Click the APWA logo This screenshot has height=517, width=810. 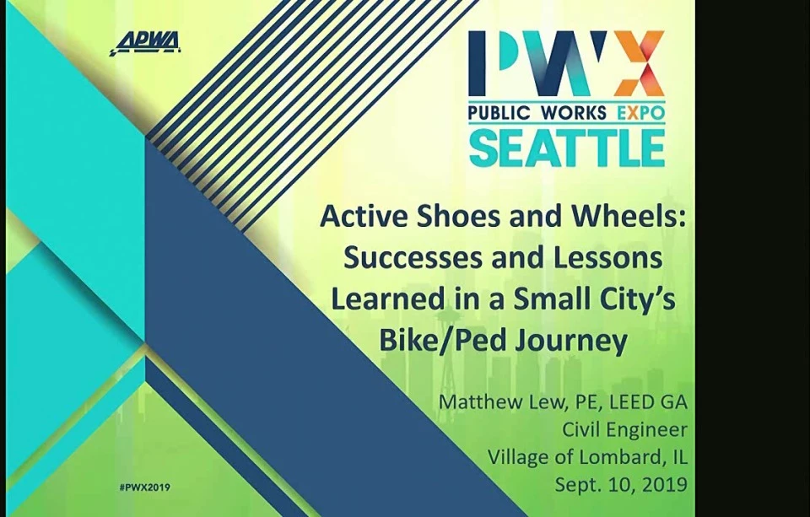tap(145, 43)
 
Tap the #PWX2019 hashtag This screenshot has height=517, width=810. tap(144, 487)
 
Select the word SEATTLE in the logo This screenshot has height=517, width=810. tap(567, 148)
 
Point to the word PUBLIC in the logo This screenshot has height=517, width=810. tap(500, 112)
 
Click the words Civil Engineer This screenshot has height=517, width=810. tap(624, 430)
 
